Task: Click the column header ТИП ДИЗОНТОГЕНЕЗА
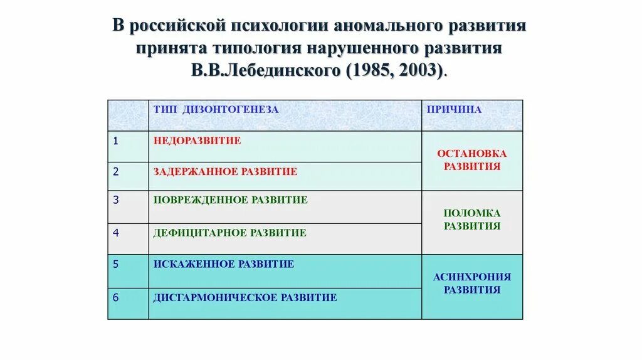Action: click(216, 110)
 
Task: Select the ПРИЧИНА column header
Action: click(454, 110)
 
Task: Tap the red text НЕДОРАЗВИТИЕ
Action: click(197, 140)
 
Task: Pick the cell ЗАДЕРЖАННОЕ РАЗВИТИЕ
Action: click(225, 171)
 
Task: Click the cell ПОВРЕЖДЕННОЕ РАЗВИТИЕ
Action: click(230, 200)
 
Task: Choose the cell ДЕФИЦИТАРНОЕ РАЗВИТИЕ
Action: click(229, 233)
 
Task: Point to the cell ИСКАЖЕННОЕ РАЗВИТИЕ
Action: click(223, 264)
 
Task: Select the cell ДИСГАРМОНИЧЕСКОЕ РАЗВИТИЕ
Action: click(245, 297)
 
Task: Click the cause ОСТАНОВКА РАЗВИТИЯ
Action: click(471, 160)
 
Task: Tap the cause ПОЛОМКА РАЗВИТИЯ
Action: click(471, 220)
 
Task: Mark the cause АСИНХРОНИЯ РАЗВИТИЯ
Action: click(471, 283)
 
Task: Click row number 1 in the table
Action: click(115, 140)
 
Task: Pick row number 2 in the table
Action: click(115, 171)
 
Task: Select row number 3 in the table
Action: click(115, 200)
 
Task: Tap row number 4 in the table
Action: click(115, 233)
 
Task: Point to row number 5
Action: click(115, 264)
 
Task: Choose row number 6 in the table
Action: click(115, 297)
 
